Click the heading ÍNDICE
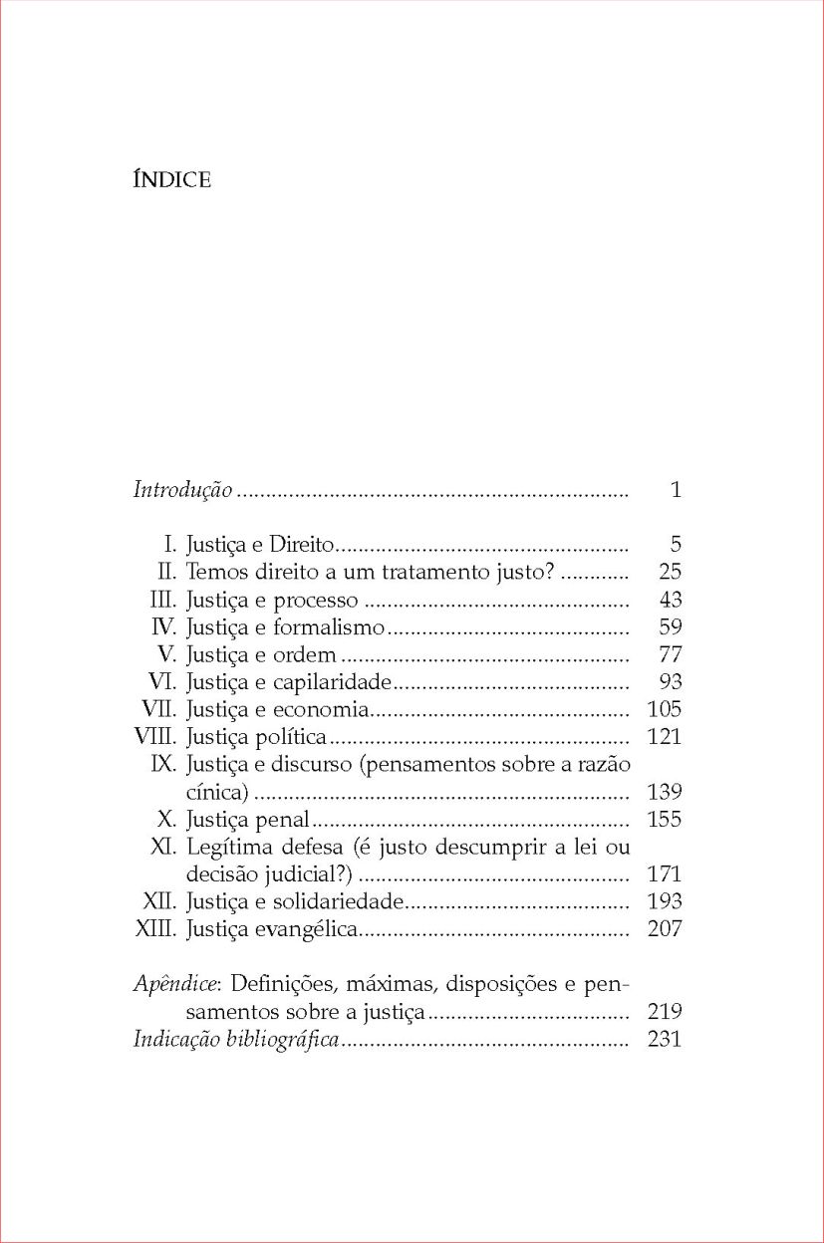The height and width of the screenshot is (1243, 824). (171, 180)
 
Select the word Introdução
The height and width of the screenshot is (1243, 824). (183, 490)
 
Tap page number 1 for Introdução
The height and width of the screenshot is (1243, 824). (676, 490)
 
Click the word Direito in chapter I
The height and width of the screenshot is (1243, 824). (305, 545)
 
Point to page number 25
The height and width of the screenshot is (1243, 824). (670, 573)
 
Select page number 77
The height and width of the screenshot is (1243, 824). (670, 655)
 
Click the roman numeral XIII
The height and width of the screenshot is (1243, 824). (155, 930)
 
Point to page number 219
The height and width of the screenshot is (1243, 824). (664, 1013)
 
